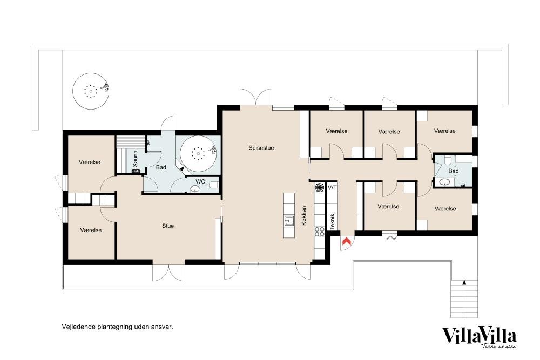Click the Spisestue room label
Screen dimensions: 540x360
tap(261, 148)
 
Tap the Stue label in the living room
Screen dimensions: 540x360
tap(168, 226)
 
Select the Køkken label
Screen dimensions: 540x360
tap(303, 216)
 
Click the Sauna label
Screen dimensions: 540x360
tap(135, 159)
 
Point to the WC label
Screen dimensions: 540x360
tap(200, 181)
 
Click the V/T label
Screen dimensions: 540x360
tap(332, 188)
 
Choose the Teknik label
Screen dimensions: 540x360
tap(332, 222)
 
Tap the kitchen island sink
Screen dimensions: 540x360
tap(289, 221)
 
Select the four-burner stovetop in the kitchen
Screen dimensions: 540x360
tap(319, 232)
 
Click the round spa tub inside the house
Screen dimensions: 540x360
tap(198, 153)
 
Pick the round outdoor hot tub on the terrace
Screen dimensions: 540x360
tap(91, 91)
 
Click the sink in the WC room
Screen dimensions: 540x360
tap(195, 188)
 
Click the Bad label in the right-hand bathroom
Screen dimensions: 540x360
tap(453, 171)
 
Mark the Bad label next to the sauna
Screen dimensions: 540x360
tap(161, 168)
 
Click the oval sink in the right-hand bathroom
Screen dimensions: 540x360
tap(444, 182)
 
